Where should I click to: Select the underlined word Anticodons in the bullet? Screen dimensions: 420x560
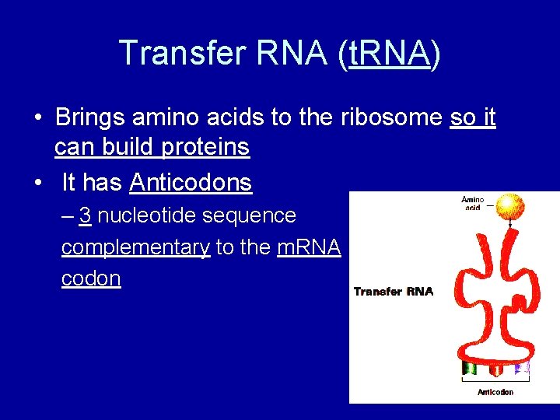click(191, 183)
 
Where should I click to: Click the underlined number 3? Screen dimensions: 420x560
click(86, 215)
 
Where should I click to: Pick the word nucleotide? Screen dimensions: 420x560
click(148, 215)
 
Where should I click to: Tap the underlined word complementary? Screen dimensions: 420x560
click(135, 247)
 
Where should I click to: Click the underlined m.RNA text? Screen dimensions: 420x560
click(309, 247)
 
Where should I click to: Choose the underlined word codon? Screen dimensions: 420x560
click(91, 279)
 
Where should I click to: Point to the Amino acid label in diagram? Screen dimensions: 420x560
click(472, 205)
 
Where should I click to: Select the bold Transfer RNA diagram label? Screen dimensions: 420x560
click(394, 292)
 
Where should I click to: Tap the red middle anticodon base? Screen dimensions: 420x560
click(495, 366)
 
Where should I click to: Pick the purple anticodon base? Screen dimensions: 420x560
click(522, 366)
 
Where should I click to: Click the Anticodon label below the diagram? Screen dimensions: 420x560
click(495, 391)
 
